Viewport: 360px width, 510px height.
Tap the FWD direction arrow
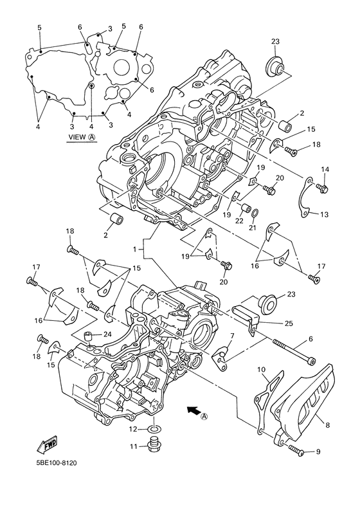tap(47, 444)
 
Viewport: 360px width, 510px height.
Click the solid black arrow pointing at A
tap(193, 410)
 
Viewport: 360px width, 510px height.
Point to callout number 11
tap(134, 446)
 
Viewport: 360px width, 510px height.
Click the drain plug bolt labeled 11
tap(152, 446)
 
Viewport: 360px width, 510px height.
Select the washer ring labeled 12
tap(154, 429)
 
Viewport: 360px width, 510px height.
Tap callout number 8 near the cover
tap(327, 424)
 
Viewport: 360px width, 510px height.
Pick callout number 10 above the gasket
tap(262, 370)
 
